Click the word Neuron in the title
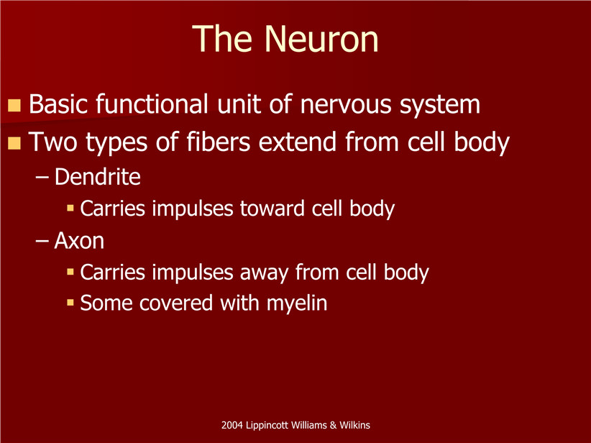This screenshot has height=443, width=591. [x=321, y=39]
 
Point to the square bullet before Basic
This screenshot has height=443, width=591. [x=14, y=105]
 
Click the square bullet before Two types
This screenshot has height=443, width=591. [x=14, y=143]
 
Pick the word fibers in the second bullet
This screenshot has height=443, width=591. [x=219, y=142]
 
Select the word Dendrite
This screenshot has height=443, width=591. [x=98, y=176]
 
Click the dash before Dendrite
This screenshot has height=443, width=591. [x=42, y=178]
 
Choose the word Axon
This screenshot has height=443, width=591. [x=79, y=240]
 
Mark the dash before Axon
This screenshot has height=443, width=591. [x=42, y=242]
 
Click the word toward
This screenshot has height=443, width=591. [x=272, y=209]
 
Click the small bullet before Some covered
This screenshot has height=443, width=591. [x=70, y=302]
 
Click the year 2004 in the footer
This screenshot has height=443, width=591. [x=232, y=425]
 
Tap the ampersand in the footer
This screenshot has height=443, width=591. [x=333, y=425]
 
